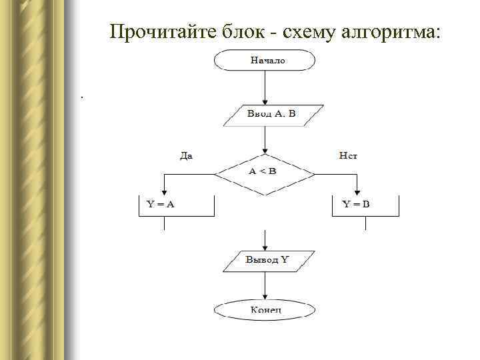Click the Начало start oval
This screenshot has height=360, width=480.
(x=265, y=60)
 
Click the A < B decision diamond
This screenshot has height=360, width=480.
(x=265, y=172)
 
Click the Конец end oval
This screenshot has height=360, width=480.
(x=265, y=309)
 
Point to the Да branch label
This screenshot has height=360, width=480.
(x=187, y=156)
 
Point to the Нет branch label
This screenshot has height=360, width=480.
(x=348, y=156)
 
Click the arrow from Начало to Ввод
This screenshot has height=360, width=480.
(x=265, y=87)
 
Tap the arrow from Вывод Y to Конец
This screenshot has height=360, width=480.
(x=265, y=287)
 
